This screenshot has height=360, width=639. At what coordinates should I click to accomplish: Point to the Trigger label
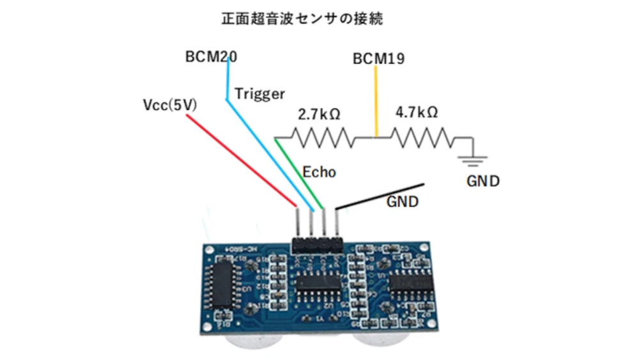click(259, 94)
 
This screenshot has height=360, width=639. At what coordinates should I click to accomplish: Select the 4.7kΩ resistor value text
click(417, 112)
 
